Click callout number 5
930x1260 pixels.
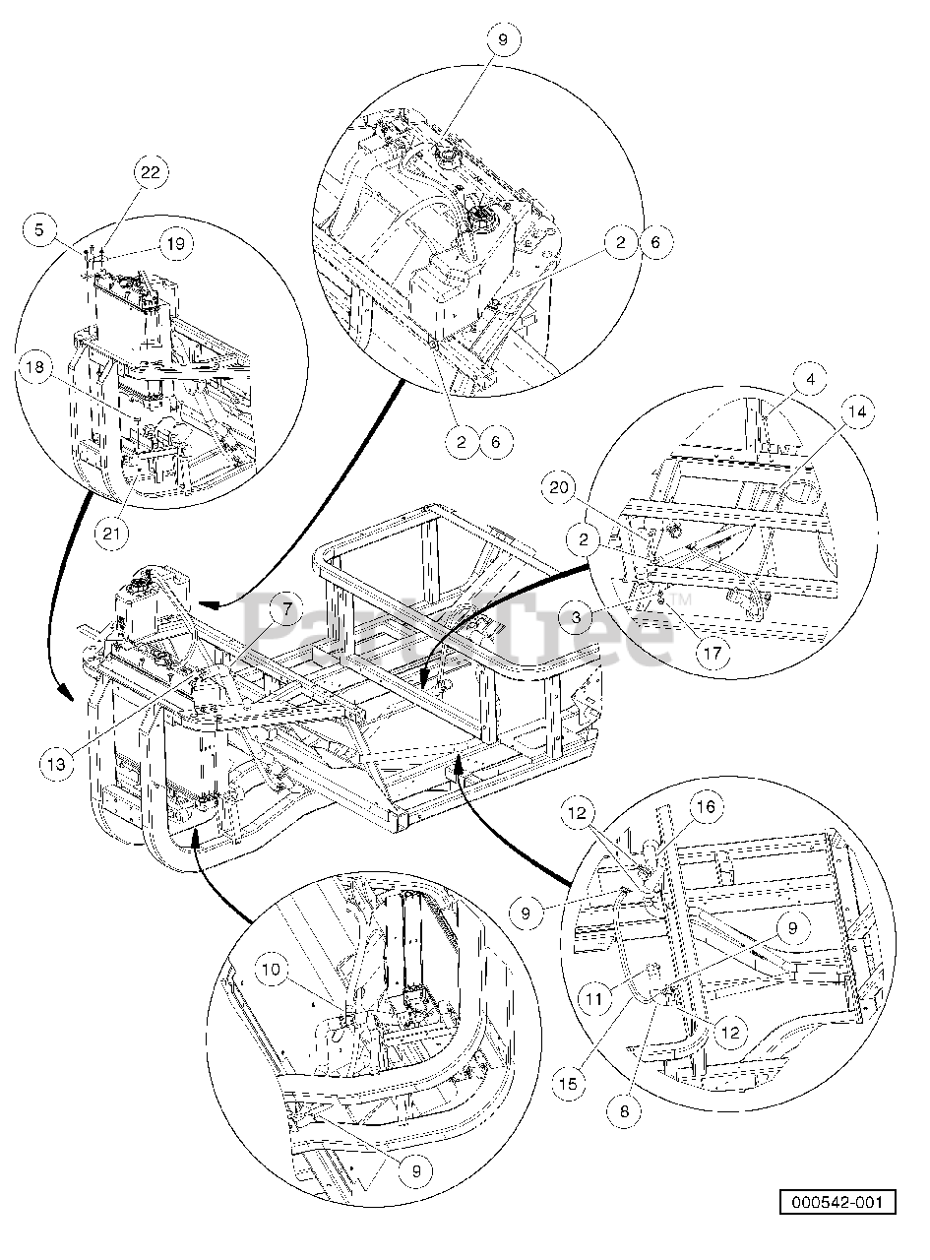(39, 230)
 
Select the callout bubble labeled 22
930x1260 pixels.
(151, 172)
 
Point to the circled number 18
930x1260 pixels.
(34, 369)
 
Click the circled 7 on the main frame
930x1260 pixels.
(286, 610)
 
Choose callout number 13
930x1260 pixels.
(58, 763)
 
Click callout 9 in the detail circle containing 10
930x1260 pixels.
(416, 1170)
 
